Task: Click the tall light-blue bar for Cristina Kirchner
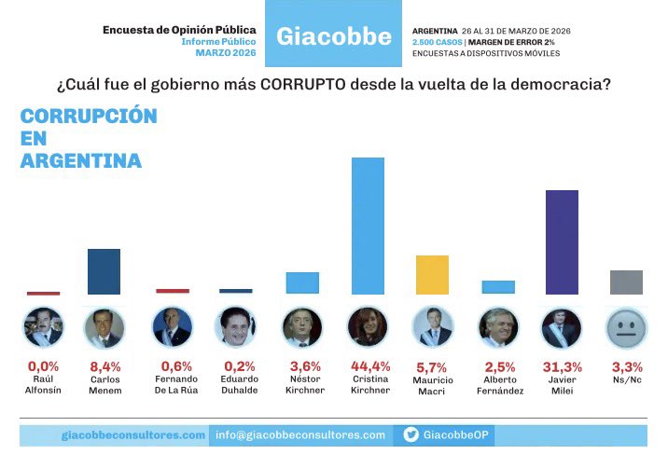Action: pyautogui.click(x=368, y=226)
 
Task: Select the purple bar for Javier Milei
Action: pyautogui.click(x=562, y=242)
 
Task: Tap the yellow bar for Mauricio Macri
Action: pyautogui.click(x=432, y=275)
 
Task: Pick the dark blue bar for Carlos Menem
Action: pyautogui.click(x=103, y=272)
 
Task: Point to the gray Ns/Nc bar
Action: pyautogui.click(x=626, y=282)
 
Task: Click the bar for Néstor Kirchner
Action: pyautogui.click(x=302, y=283)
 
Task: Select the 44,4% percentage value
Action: pyautogui.click(x=368, y=365)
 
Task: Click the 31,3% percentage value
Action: pyautogui.click(x=562, y=365)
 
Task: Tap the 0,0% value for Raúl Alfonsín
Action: pyautogui.click(x=43, y=365)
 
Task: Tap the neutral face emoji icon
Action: pyautogui.click(x=626, y=328)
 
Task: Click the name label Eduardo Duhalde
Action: pyautogui.click(x=236, y=384)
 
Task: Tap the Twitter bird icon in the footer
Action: pyautogui.click(x=411, y=434)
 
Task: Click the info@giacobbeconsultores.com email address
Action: pyautogui.click(x=299, y=434)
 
